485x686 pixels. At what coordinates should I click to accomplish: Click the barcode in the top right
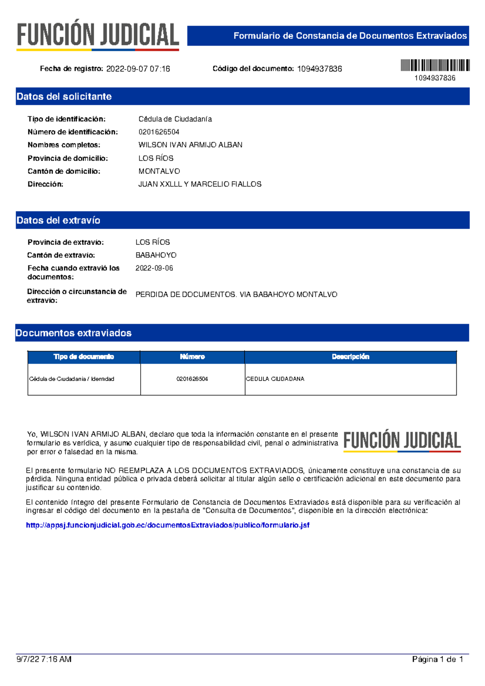tap(435, 65)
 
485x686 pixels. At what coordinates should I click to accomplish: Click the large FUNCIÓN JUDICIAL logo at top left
tap(98, 35)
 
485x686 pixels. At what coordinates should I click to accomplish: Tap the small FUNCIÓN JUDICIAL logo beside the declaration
tap(402, 441)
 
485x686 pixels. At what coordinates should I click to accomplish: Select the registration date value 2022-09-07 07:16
tap(138, 69)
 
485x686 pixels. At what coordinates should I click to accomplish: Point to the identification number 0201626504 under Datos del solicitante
tap(159, 132)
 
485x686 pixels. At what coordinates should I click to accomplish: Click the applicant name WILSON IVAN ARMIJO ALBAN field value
tap(190, 145)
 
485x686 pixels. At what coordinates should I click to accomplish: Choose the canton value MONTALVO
tap(159, 171)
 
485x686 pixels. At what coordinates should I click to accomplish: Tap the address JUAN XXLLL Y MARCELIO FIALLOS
tap(200, 184)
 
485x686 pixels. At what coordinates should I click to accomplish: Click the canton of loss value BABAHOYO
tap(156, 255)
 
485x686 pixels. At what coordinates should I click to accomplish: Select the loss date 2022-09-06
tap(154, 268)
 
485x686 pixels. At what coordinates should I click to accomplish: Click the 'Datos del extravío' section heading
tap(59, 220)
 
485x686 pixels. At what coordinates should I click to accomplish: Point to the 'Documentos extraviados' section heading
tap(74, 333)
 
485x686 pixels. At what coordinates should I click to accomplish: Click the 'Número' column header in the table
tap(192, 357)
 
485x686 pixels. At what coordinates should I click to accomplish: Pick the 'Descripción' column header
tap(350, 357)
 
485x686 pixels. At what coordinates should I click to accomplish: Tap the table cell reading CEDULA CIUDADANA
tap(275, 379)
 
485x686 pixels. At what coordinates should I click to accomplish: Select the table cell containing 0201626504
tap(192, 379)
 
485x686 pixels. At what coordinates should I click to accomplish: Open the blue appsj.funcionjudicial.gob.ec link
tap(168, 525)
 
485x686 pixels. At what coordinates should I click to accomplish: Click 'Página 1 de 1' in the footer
tap(437, 659)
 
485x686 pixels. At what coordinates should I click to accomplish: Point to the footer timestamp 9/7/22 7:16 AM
tap(44, 659)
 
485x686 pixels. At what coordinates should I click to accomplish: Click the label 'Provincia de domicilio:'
tap(68, 158)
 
